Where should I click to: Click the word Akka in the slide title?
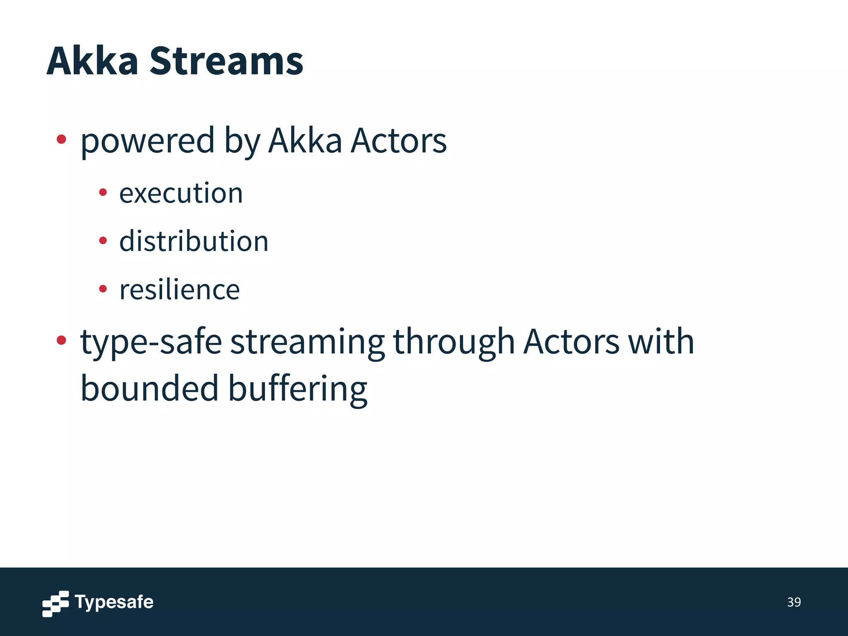92,61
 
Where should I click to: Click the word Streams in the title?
226,61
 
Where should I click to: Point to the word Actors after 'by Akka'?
398,141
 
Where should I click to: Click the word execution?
181,193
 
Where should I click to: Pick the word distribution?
194,241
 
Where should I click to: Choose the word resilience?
179,289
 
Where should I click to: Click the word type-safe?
151,342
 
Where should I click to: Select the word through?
454,342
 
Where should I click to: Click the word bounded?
149,389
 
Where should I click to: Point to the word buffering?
298,389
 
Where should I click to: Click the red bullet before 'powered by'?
61,139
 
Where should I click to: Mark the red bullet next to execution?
103,192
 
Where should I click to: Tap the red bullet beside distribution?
103,240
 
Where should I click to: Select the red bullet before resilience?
103,289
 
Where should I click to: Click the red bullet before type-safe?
61,340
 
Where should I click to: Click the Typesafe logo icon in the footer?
55,603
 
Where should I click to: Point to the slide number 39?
794,602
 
